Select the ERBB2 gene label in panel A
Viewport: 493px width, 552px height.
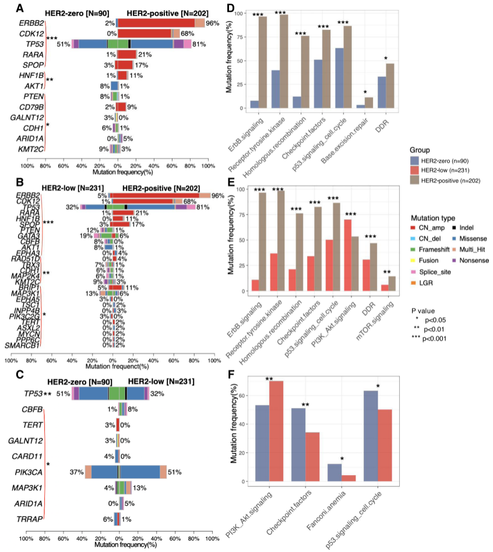point(32,23)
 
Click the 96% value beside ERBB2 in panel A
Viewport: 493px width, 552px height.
point(212,23)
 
